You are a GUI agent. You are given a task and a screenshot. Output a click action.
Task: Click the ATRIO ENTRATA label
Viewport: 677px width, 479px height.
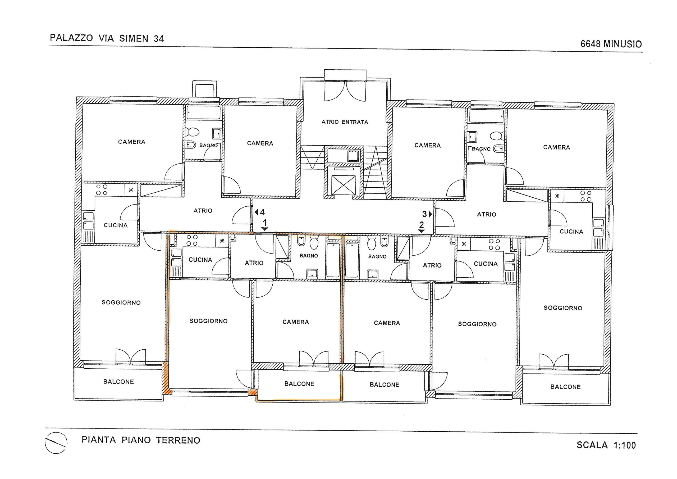click(345, 122)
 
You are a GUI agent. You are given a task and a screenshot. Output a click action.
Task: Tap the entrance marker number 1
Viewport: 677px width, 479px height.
click(265, 223)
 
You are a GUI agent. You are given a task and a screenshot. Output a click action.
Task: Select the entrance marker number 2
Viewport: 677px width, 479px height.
click(422, 225)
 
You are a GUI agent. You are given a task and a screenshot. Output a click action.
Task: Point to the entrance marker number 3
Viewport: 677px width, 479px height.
click(425, 214)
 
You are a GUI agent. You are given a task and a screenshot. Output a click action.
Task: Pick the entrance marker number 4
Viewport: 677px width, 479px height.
click(262, 212)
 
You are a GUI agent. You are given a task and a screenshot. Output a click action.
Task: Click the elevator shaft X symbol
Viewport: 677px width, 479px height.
click(344, 185)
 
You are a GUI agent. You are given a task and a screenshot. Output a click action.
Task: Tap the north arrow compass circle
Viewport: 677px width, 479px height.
click(56, 443)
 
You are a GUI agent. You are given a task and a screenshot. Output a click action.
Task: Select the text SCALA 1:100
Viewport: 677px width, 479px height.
click(606, 445)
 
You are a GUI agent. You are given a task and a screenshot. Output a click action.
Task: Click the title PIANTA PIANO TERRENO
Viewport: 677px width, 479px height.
click(141, 440)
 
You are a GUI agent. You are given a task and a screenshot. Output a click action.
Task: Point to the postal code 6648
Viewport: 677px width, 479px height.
click(591, 44)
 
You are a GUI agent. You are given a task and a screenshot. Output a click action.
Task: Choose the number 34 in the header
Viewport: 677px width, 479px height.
click(159, 39)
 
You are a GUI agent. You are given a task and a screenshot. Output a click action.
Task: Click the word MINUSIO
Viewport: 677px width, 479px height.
click(623, 44)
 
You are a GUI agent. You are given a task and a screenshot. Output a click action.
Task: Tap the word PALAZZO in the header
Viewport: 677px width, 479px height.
click(71, 38)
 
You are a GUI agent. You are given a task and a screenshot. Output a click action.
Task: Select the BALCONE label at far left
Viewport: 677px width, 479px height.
click(118, 382)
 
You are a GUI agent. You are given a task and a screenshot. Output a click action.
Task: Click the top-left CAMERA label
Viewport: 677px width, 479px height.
click(132, 142)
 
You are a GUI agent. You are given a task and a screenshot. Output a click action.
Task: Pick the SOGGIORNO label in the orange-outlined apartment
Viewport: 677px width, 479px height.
click(208, 321)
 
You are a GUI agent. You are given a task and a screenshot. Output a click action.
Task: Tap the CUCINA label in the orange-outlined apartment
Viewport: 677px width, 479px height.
click(200, 260)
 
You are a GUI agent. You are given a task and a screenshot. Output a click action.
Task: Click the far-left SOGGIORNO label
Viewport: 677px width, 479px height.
click(121, 302)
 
